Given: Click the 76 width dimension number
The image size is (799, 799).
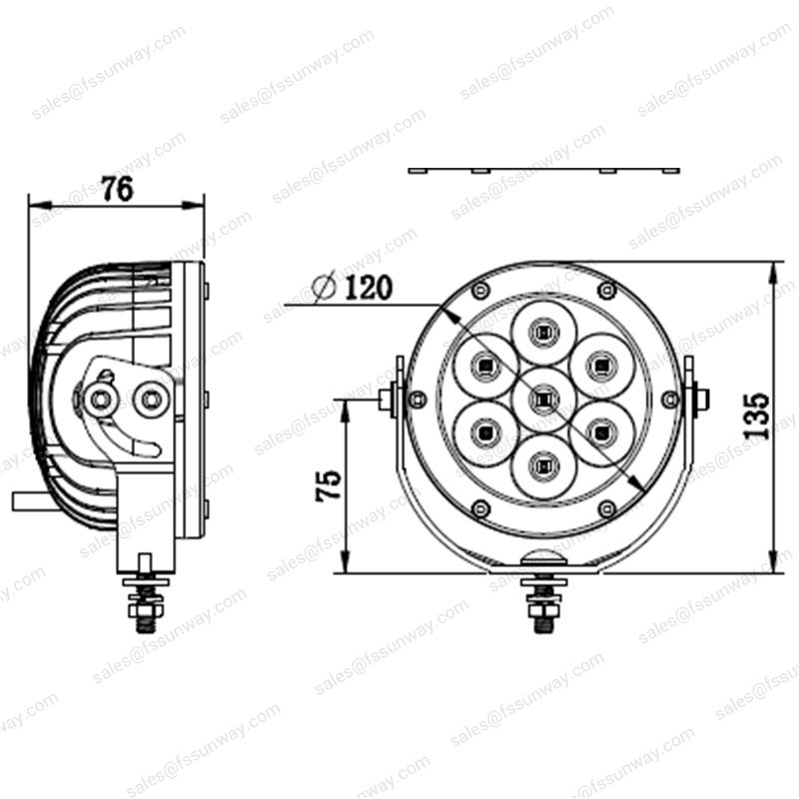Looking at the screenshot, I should click(x=117, y=190).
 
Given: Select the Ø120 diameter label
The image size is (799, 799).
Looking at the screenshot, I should click(x=352, y=289).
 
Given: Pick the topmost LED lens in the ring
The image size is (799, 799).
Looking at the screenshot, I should click(x=542, y=331).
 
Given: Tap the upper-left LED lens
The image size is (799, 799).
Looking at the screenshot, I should click(x=483, y=365).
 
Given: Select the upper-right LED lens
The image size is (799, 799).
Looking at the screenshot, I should click(x=600, y=365).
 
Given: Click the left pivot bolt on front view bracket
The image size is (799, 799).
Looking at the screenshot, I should click(x=388, y=399).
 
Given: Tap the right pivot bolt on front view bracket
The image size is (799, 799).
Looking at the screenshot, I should click(x=699, y=399).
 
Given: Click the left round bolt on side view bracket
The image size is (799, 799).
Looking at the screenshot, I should click(x=100, y=399).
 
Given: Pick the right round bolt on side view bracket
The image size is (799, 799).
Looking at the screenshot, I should click(x=152, y=399).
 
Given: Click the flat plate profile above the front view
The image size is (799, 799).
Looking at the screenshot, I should click(x=543, y=170).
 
